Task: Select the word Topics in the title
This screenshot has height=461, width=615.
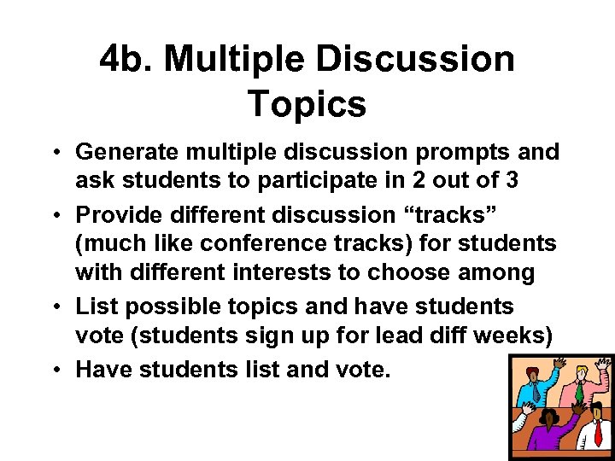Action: click(x=307, y=104)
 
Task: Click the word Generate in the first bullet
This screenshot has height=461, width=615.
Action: click(x=127, y=152)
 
